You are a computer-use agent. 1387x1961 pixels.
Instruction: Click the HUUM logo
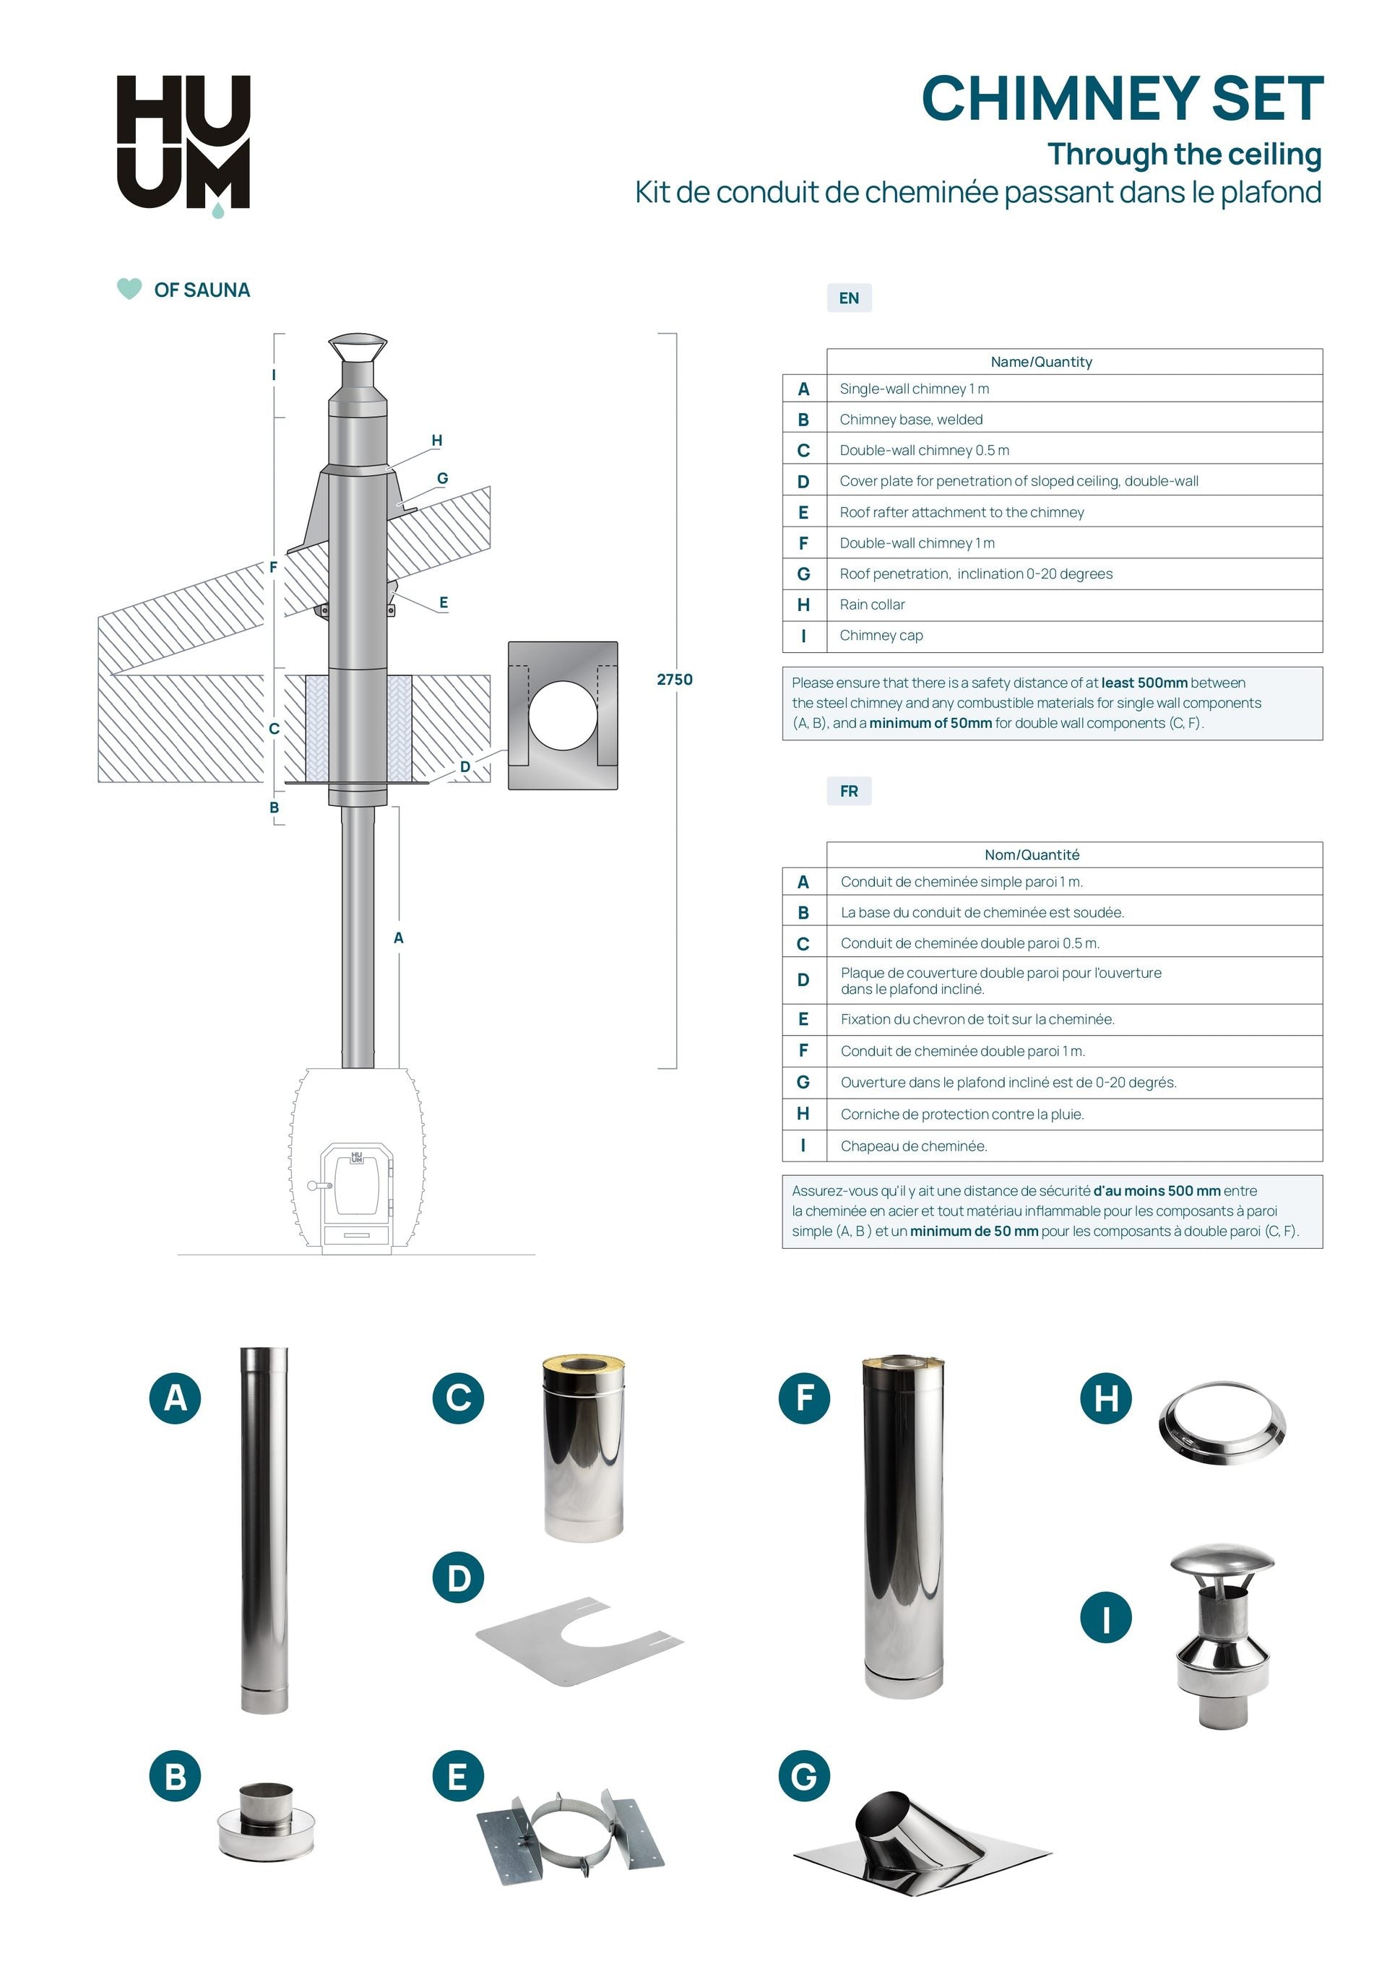point(183,142)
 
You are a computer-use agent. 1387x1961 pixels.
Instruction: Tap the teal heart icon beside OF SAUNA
point(129,289)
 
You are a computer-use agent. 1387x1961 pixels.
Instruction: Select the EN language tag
point(848,298)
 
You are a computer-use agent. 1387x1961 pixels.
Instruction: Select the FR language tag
point(848,791)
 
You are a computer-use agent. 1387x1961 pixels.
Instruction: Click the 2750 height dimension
point(674,680)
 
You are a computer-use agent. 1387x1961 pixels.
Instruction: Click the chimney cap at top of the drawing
point(358,348)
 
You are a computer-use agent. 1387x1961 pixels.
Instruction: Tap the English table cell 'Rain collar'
point(872,605)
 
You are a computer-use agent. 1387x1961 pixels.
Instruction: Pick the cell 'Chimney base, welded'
point(910,420)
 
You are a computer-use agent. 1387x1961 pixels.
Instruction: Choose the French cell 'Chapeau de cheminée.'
point(913,1146)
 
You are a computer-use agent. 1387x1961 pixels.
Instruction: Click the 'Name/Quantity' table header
point(1040,362)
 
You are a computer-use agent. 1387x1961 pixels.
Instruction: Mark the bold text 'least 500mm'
point(1144,683)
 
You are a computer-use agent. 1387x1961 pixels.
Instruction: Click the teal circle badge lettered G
point(804,1777)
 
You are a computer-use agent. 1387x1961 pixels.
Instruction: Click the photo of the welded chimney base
point(266,1821)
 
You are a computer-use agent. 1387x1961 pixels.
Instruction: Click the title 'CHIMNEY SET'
point(1121,99)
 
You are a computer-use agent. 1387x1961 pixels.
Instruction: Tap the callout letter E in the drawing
point(444,602)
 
